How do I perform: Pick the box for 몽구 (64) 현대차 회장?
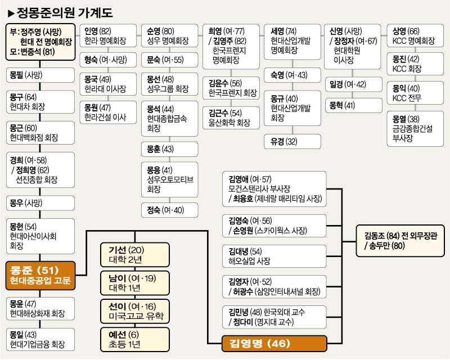click(39, 101)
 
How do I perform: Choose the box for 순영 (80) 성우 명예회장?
click(169, 35)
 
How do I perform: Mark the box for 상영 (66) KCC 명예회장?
click(416, 35)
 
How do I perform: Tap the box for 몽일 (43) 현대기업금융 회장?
click(39, 339)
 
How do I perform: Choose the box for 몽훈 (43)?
click(169, 149)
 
